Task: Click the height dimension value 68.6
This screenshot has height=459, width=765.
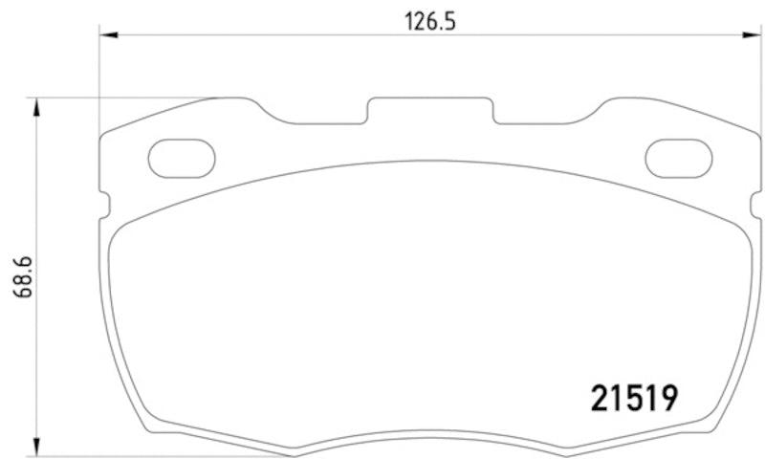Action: [x=18, y=276]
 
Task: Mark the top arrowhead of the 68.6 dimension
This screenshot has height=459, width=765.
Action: [x=37, y=106]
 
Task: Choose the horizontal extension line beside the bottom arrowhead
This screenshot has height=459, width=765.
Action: [x=96, y=455]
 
